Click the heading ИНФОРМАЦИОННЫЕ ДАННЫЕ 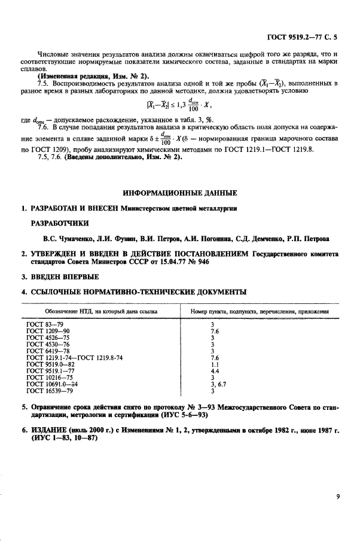click(179, 193)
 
